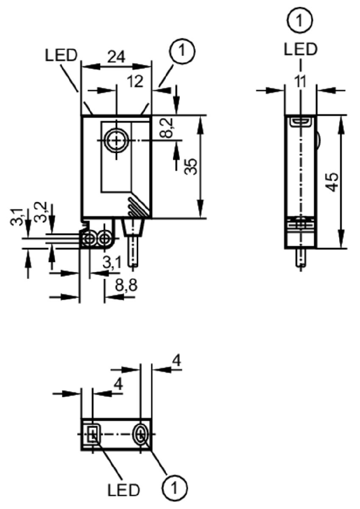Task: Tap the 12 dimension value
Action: (x=135, y=81)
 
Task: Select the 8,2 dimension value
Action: (x=166, y=128)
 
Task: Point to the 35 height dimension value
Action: (x=190, y=166)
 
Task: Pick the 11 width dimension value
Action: (x=301, y=81)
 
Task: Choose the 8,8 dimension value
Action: (x=126, y=285)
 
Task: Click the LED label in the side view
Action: (x=300, y=49)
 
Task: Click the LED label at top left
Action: (x=61, y=56)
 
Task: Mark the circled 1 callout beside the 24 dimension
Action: (x=182, y=51)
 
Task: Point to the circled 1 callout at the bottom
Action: (x=175, y=487)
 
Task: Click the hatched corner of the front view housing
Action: (x=139, y=207)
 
